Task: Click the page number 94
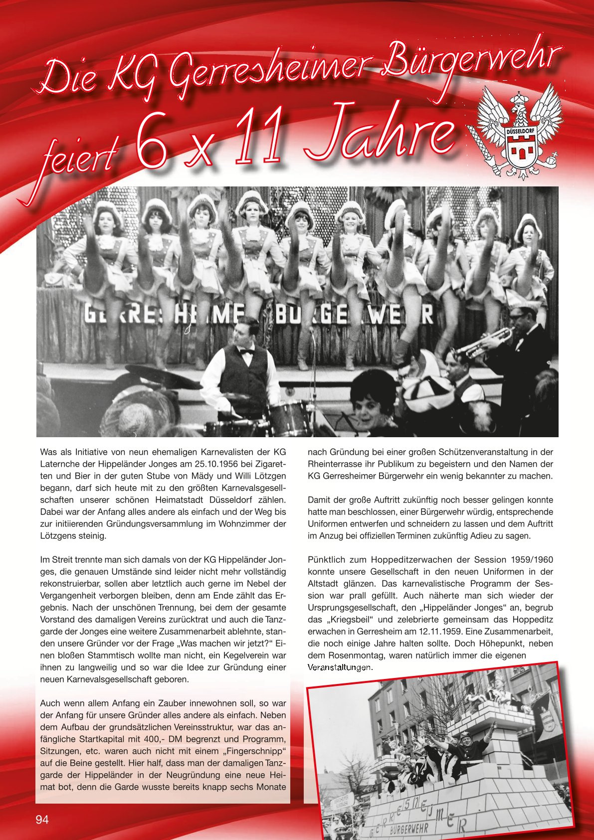point(42,819)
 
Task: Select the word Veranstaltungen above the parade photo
point(340,668)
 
